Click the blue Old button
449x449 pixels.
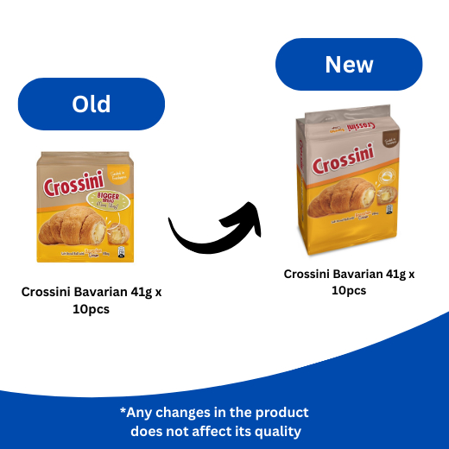(x=92, y=104)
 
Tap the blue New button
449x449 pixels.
(x=349, y=65)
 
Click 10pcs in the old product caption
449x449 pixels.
(x=92, y=310)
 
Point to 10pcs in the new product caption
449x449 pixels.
(x=349, y=291)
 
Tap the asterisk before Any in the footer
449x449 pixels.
(x=123, y=413)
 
